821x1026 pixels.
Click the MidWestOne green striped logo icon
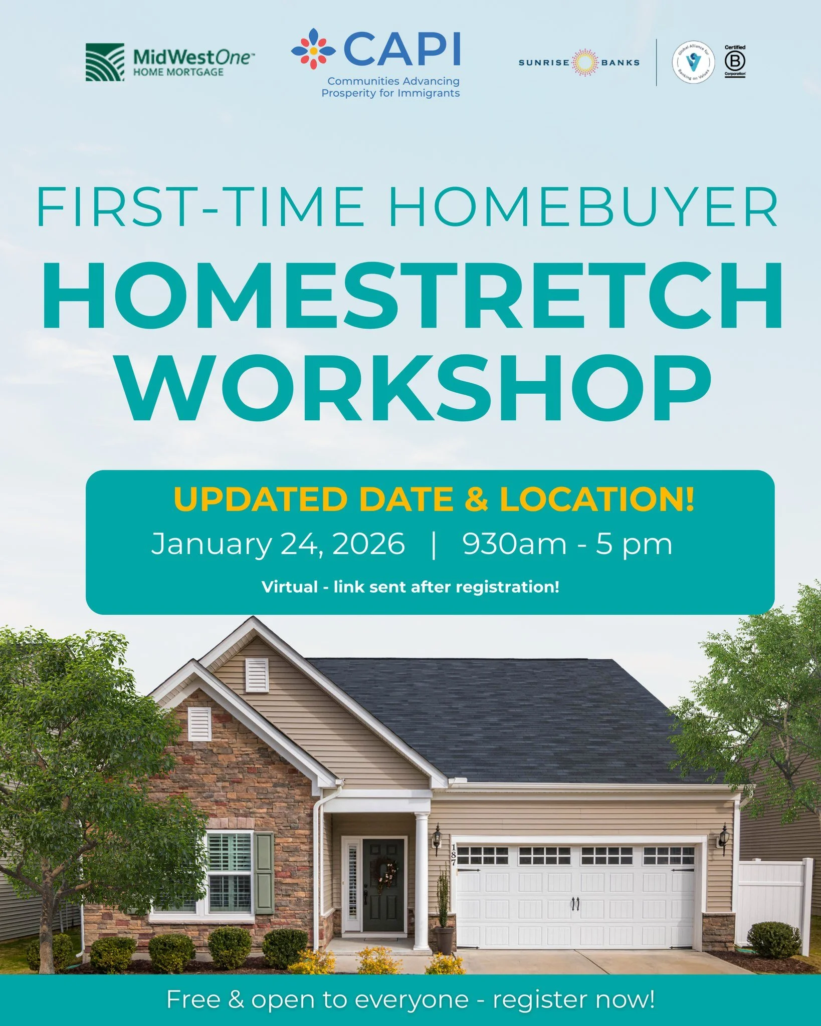105,62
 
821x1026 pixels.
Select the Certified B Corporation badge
735,62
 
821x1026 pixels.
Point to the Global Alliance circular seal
694,63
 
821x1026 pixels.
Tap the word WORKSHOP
415,388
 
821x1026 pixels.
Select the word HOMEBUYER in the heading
584,207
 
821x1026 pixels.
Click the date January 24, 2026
278,544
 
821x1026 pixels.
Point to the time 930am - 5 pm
567,544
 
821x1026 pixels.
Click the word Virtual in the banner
289,587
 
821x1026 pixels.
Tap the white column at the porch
422,882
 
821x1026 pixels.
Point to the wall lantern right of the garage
723,840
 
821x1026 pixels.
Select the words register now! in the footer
574,999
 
